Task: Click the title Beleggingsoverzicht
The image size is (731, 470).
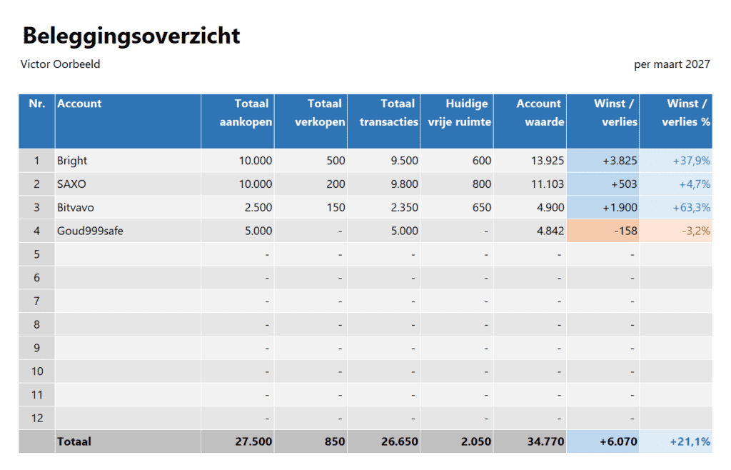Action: click(x=131, y=36)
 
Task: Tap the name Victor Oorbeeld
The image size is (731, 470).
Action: click(x=60, y=64)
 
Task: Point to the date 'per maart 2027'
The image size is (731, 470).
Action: click(x=672, y=64)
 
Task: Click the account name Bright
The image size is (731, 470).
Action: click(x=72, y=161)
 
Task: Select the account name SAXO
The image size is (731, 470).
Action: click(x=71, y=184)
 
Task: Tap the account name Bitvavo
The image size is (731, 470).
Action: click(x=76, y=208)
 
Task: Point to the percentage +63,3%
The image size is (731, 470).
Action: click(x=691, y=208)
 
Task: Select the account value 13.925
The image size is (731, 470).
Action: click(x=548, y=161)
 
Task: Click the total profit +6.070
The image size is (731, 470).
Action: click(x=619, y=441)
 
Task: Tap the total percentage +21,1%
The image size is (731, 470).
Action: click(x=690, y=441)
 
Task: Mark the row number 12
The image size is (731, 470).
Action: click(x=36, y=418)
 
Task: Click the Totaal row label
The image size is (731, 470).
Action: click(x=74, y=441)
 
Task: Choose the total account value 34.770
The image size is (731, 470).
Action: click(x=545, y=441)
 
